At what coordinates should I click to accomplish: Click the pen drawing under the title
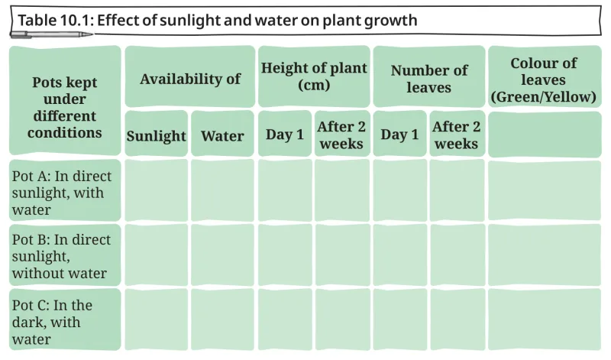coord(51,34)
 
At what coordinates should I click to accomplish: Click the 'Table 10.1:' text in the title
coord(56,20)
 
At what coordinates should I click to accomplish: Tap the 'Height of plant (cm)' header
coord(314,76)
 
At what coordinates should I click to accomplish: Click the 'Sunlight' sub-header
coord(157,134)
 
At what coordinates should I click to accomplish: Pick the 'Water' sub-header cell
coord(222,134)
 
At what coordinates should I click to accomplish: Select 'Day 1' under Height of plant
coord(285,134)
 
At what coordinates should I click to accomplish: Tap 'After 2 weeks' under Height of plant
coord(342,134)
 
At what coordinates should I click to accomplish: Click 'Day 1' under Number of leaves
coord(399,134)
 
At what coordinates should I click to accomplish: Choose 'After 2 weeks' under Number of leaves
coord(457,134)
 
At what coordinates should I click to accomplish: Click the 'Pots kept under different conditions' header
coord(65,101)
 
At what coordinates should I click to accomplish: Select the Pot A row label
coord(65,190)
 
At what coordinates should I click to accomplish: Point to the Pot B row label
coord(65,255)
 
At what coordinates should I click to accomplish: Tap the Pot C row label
coord(65,319)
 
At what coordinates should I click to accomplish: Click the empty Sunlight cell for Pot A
coord(157,190)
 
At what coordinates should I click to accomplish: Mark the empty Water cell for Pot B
coord(222,255)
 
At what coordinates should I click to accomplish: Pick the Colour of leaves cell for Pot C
coord(545,319)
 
